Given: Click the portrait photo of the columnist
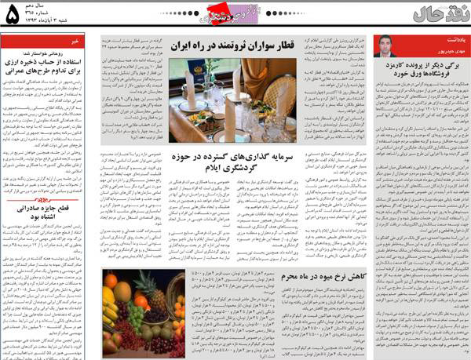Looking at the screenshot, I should (x=388, y=47).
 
